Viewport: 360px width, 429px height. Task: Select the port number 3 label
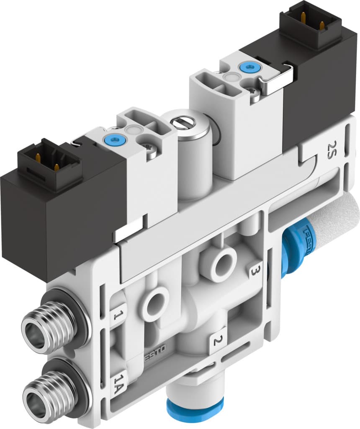point(254,271)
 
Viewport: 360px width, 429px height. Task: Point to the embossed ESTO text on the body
point(156,358)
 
